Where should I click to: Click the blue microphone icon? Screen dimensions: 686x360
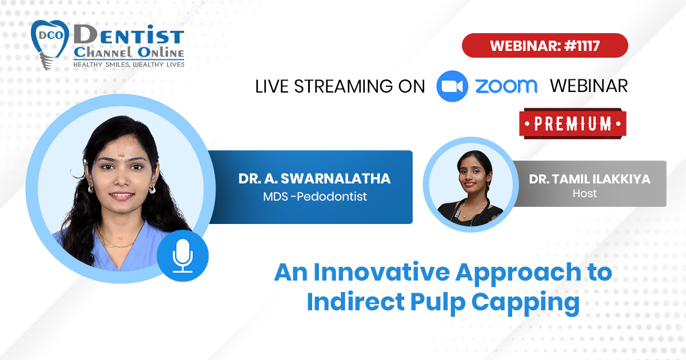coord(182,256)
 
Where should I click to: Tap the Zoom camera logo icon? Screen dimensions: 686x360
coord(452,86)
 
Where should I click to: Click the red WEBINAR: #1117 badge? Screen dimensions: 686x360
coord(545,45)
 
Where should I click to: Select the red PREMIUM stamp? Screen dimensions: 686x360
coord(573,123)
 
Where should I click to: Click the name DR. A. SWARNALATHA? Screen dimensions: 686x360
coord(314,179)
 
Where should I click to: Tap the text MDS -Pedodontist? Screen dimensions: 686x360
coord(315,197)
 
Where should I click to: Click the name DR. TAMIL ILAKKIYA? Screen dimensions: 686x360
coord(589,179)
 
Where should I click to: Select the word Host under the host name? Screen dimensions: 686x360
coord(585,194)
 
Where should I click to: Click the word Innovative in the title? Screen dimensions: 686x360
coord(382,272)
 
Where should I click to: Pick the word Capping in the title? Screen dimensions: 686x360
coord(525,302)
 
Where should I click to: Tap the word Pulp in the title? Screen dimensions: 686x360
coord(438,302)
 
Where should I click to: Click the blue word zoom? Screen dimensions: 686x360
coord(506,86)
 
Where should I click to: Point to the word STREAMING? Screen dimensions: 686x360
coord(343,86)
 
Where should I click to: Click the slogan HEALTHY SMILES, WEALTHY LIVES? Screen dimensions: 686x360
coord(129,65)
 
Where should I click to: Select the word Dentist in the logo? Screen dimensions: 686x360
coord(129,35)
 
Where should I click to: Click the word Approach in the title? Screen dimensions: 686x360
coord(518,273)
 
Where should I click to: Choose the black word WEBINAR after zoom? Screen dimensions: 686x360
coord(589,86)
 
